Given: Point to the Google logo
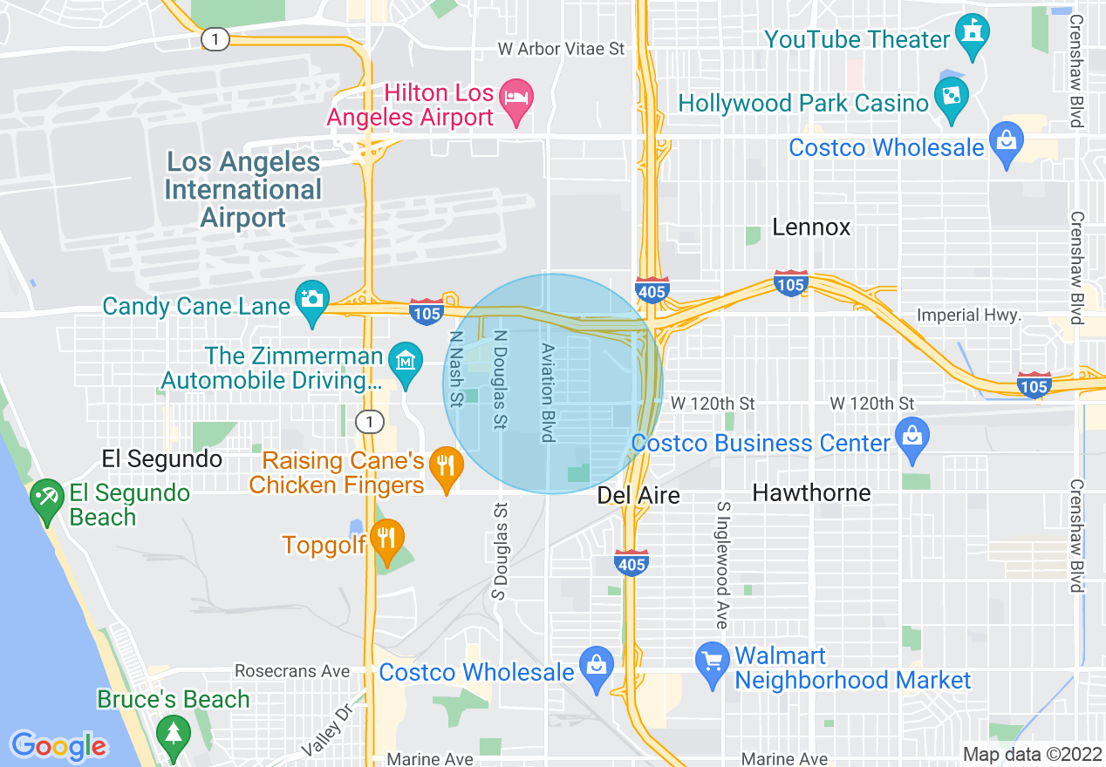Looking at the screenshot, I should pyautogui.click(x=58, y=745).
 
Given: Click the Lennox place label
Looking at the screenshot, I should pyautogui.click(x=811, y=227).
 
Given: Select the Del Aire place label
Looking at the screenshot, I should pyautogui.click(x=638, y=495).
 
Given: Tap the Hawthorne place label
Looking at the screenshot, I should pyautogui.click(x=811, y=493).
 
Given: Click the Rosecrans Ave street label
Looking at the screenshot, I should pyautogui.click(x=291, y=671).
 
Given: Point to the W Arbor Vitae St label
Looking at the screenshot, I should pyautogui.click(x=562, y=49).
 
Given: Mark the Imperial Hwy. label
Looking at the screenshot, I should pyautogui.click(x=968, y=316).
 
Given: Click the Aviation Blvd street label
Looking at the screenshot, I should pyautogui.click(x=548, y=391).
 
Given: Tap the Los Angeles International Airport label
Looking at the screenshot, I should pyautogui.click(x=243, y=189).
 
